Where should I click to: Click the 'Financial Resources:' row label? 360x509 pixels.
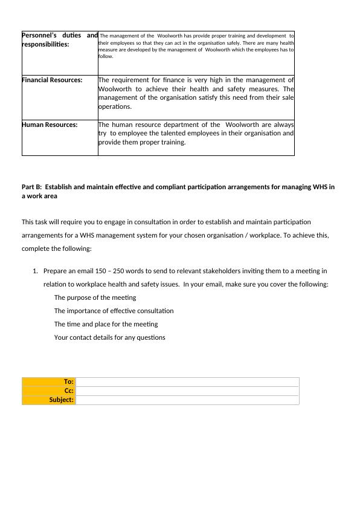(x=52, y=80)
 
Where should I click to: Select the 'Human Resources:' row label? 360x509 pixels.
(x=50, y=125)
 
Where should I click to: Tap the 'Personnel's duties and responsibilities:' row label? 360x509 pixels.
(x=59, y=40)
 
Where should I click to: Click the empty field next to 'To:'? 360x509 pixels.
(x=187, y=381)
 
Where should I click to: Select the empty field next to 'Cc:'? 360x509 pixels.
(x=187, y=391)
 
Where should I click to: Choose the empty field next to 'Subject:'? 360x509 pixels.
(x=187, y=400)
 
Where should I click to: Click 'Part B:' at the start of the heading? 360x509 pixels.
(x=31, y=187)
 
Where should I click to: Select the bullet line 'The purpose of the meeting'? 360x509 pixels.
(x=95, y=297)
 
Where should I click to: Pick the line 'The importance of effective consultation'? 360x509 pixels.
(x=114, y=311)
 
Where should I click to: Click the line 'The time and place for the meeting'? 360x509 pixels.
(x=106, y=324)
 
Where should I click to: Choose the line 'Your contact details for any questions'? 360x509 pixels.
(x=109, y=337)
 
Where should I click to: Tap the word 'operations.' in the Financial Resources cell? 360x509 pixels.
(x=114, y=106)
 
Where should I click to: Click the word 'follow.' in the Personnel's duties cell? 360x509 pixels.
(x=106, y=56)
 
